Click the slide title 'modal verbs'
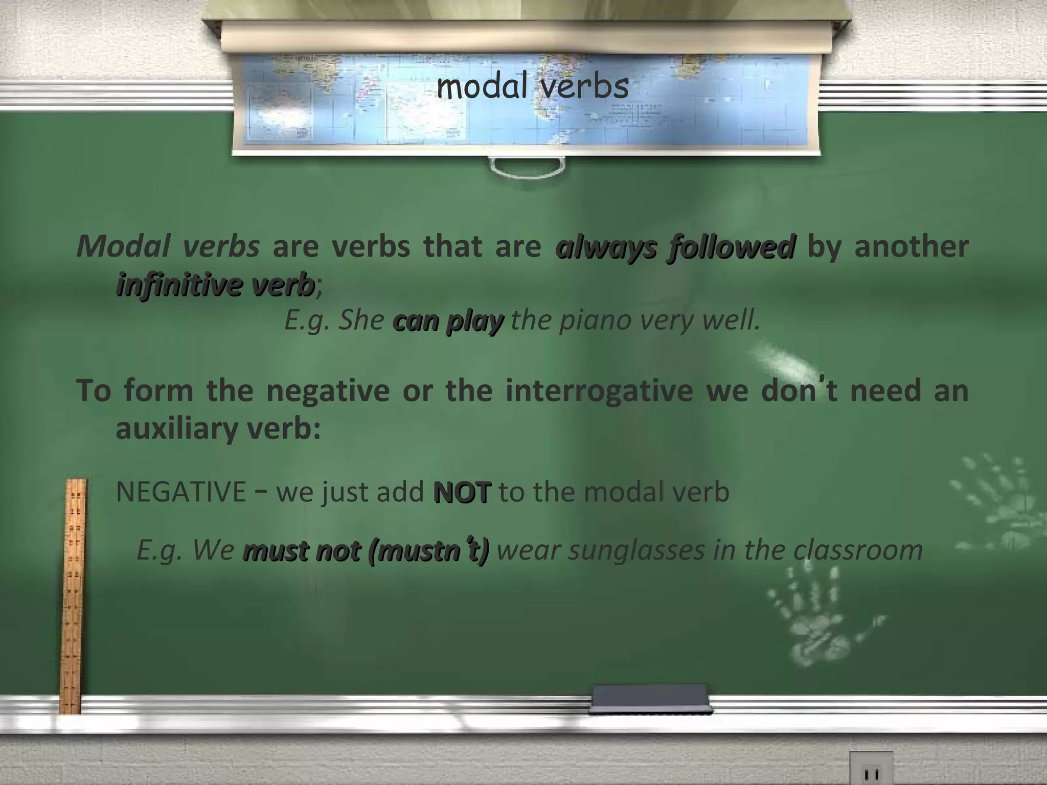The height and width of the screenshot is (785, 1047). pyautogui.click(x=532, y=87)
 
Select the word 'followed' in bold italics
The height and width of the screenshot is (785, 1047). pyautogui.click(x=732, y=247)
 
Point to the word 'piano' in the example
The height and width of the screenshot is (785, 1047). pyautogui.click(x=588, y=321)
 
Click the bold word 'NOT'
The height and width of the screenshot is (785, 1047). pyautogui.click(x=462, y=493)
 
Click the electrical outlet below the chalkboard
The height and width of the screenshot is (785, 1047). pyautogui.click(x=871, y=770)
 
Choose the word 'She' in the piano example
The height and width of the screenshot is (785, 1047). pyautogui.click(x=361, y=321)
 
